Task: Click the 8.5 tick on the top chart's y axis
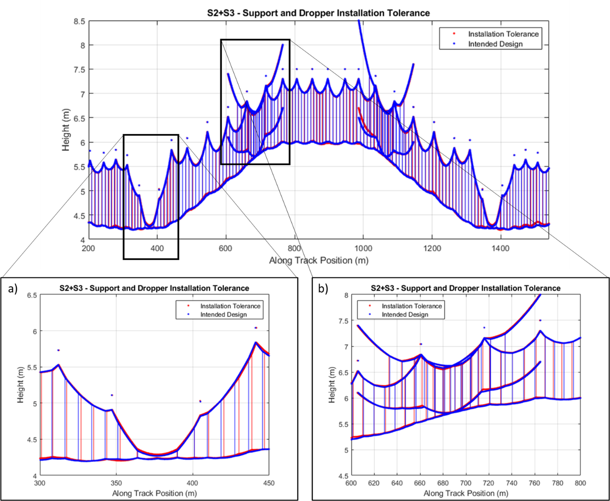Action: [79, 21]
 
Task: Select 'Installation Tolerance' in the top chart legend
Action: [503, 34]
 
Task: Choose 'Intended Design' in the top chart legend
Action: [495, 44]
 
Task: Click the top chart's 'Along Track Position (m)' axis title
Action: [319, 261]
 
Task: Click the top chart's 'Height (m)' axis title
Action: [66, 130]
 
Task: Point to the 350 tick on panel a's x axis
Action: [116, 483]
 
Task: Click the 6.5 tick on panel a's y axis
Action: [32, 295]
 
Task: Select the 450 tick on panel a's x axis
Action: [269, 483]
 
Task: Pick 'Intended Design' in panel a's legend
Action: [223, 314]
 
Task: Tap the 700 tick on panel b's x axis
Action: [466, 483]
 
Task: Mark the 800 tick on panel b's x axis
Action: [580, 483]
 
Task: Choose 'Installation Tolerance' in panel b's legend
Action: [412, 306]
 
